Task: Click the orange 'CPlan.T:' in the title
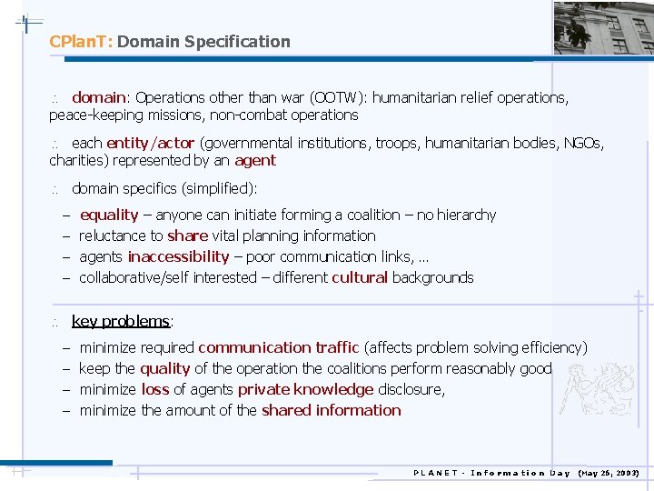(x=81, y=42)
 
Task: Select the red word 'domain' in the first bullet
(x=99, y=97)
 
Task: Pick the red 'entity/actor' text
(x=150, y=143)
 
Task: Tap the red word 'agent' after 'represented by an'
(x=255, y=161)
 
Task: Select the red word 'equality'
(x=109, y=215)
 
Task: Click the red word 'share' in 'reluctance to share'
(x=188, y=236)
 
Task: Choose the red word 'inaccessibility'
(x=178, y=257)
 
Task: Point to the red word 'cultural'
(x=360, y=278)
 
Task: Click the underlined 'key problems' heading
(x=121, y=321)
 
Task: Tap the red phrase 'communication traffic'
(x=279, y=347)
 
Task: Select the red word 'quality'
(x=165, y=368)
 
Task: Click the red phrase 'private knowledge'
(x=305, y=389)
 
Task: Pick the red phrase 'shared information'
(x=331, y=410)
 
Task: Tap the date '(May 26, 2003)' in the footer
(x=609, y=473)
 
